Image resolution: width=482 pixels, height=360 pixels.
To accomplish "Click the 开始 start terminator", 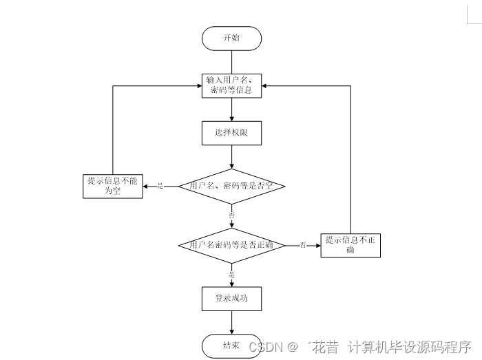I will (231, 39).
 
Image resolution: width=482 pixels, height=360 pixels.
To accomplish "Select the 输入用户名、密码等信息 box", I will (231, 85).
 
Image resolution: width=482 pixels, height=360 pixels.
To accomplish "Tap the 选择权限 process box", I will (231, 134).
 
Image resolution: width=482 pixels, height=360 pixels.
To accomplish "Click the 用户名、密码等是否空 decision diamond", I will (231, 186).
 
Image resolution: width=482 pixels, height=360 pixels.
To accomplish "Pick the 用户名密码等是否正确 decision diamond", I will (231, 245).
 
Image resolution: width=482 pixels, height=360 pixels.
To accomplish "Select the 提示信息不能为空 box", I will (112, 186).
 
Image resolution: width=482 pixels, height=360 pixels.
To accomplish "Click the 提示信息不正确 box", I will (350, 245).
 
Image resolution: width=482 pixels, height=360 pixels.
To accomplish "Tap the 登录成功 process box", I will (231, 299).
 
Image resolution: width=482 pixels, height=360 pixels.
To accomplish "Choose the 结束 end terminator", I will (231, 346).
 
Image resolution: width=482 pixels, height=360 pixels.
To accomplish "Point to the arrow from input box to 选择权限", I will (231, 109).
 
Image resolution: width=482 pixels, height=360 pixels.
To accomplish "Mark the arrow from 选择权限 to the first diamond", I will (231, 157).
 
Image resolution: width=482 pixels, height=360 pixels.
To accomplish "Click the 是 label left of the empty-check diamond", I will (160, 186).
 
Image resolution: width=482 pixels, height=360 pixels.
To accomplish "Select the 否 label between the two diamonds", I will (231, 215).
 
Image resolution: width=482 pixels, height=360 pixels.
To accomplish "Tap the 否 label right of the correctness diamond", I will (302, 245).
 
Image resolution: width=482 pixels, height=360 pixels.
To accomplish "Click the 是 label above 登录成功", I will (231, 275).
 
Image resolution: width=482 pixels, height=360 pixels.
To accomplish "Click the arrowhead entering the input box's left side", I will (198, 85).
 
